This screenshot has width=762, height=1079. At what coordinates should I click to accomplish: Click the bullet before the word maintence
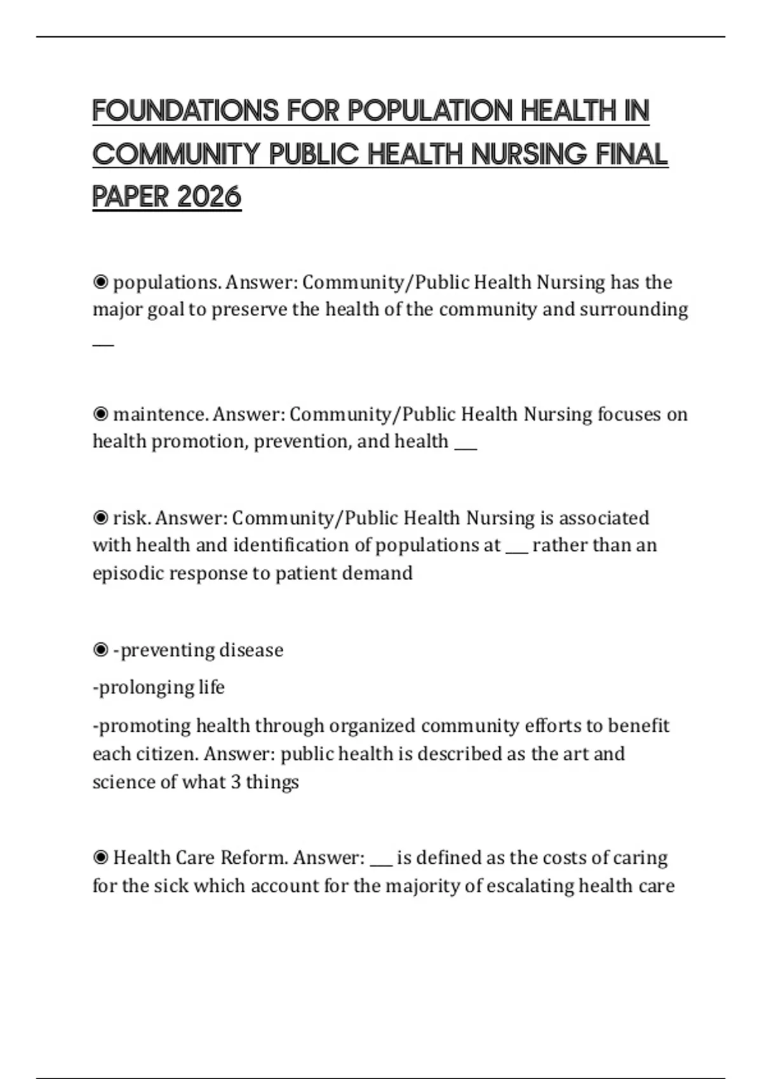point(100,414)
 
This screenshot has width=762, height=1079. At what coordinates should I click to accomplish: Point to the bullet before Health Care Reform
point(100,858)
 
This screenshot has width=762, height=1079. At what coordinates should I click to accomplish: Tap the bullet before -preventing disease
point(100,650)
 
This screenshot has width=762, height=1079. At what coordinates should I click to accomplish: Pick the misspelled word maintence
point(159,414)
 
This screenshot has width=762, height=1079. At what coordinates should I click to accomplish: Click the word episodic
point(128,573)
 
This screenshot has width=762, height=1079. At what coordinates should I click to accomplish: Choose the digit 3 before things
point(236,782)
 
